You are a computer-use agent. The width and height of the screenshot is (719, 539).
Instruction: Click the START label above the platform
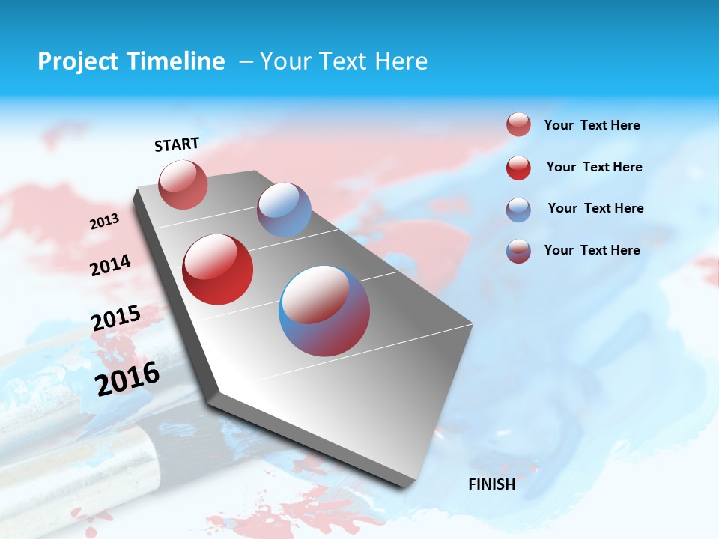tap(177, 144)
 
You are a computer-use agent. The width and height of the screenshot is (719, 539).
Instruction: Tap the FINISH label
tap(491, 484)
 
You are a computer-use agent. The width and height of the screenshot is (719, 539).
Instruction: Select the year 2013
tap(104, 222)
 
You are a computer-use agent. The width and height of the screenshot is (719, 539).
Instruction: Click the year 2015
tap(115, 318)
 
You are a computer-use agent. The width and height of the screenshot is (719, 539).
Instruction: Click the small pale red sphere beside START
tap(183, 184)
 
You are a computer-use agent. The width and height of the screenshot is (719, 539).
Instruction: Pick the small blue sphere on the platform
tap(284, 210)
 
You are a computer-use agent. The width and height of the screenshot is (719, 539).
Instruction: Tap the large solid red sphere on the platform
tap(218, 269)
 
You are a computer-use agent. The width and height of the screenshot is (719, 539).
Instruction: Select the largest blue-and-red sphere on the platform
tap(324, 311)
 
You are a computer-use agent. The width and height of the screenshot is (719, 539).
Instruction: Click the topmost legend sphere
tap(518, 125)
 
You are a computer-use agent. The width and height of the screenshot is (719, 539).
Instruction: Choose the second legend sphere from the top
tap(518, 168)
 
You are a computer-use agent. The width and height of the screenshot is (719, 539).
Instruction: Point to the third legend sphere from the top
tap(518, 210)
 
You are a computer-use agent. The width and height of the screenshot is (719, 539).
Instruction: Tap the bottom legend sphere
tap(518, 251)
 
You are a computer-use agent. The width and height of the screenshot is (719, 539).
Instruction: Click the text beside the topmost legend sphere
tap(592, 126)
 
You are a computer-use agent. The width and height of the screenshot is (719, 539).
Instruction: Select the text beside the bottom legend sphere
tap(592, 250)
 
